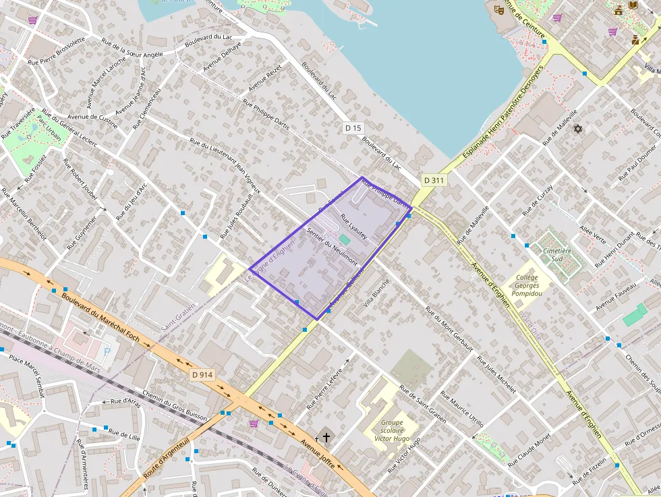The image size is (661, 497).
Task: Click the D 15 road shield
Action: coord(353,127)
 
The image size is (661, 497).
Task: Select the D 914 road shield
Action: coord(202,374)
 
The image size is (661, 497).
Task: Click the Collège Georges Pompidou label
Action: coord(527,285)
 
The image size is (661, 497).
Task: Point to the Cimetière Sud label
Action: coord(557,254)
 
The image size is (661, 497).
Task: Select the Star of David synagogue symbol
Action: coord(577,128)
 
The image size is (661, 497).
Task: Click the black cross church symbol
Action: coord(326,438)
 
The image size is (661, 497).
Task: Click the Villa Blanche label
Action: coord(376,293)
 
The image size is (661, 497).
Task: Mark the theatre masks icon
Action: coord(499,9)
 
